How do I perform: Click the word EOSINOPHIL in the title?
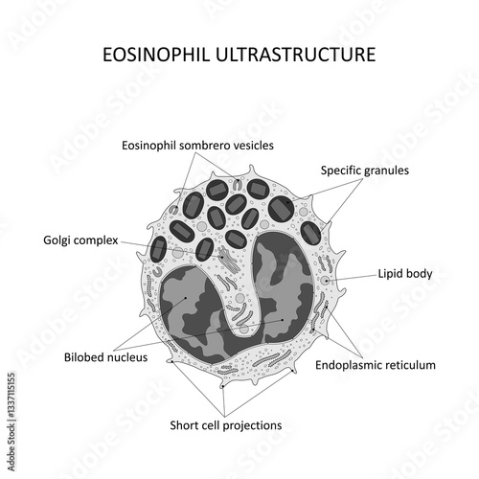156,55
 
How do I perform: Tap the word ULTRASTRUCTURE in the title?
295,55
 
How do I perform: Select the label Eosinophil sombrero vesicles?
197,146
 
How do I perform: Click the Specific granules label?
365,171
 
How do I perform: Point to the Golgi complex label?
80,240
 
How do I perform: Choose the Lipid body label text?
405,274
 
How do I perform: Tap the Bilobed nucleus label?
105,357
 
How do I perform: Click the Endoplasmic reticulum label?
376,365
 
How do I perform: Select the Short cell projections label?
226,425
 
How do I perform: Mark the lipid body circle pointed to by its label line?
326,281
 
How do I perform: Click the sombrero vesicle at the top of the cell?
237,185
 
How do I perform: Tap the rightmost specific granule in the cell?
310,234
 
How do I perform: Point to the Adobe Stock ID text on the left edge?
11,422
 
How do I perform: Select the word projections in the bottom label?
252,426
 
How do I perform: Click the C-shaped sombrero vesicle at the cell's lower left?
156,272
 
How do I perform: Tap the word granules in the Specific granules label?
387,171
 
